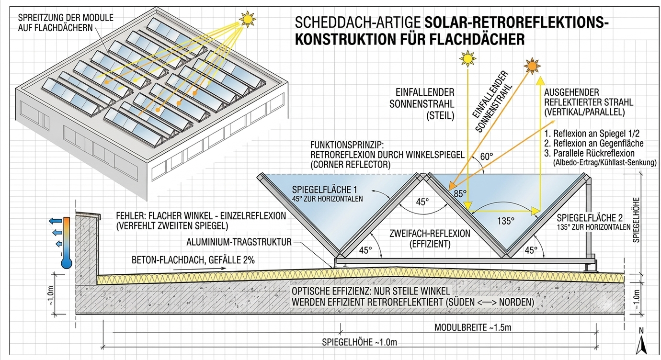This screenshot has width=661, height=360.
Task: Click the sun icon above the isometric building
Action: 247,19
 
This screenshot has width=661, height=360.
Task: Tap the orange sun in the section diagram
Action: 532,66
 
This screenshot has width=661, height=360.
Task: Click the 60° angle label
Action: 487,157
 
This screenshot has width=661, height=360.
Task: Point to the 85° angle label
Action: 460,194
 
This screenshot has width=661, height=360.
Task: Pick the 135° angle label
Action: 505,221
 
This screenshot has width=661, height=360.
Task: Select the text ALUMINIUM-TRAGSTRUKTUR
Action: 239,242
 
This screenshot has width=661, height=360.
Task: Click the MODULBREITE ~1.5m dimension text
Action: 473,327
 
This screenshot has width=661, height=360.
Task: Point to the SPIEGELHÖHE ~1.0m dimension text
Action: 359,342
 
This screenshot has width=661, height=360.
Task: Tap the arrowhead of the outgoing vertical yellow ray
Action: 540,80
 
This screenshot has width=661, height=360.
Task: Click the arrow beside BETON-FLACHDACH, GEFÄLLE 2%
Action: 199,269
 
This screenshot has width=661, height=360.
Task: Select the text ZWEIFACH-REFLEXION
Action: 430,234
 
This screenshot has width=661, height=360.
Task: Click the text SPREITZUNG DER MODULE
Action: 66,18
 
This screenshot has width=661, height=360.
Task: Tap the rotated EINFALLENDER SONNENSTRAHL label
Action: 492,101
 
